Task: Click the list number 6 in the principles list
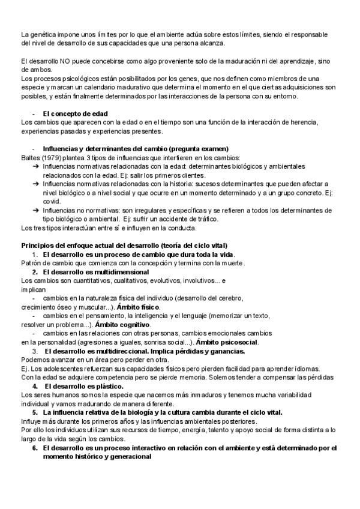coord(35,448)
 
